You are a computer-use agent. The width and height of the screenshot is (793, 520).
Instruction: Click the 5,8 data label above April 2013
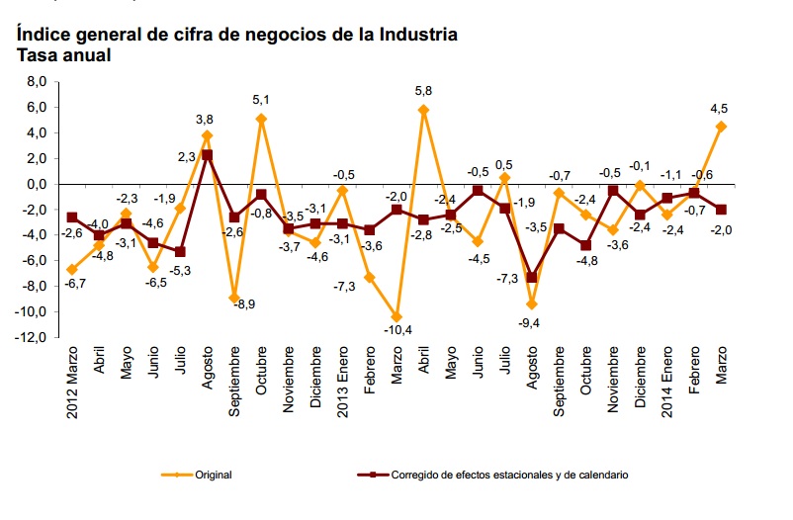pos(424,90)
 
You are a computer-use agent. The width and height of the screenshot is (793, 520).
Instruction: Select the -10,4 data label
pos(396,329)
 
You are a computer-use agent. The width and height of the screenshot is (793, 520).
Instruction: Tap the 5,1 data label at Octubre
pos(261,99)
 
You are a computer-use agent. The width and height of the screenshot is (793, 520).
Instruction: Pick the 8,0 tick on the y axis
pos(36,81)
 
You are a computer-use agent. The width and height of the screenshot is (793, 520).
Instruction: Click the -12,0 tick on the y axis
pos(32,337)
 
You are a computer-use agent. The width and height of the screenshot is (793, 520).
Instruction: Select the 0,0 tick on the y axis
pos(36,184)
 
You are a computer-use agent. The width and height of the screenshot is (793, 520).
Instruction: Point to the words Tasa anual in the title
pos(63,55)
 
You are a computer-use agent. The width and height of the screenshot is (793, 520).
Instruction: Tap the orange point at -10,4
pos(396,316)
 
